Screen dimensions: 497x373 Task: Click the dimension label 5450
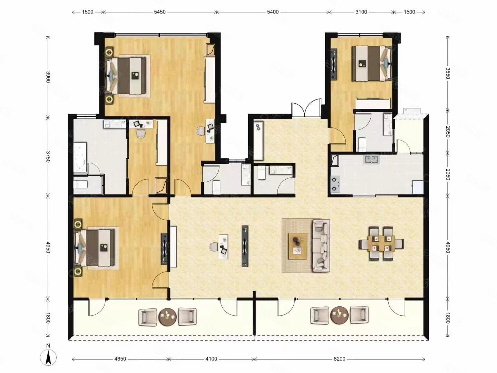click(x=160, y=12)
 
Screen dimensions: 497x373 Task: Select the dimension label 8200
click(x=339, y=359)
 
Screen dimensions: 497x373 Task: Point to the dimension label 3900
click(x=48, y=77)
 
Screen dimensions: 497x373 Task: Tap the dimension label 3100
click(x=361, y=12)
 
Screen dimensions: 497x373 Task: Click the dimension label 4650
click(x=120, y=359)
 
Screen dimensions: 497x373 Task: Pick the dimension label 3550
click(x=447, y=73)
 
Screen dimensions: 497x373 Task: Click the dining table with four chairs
click(x=381, y=244)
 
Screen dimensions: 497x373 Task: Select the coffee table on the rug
click(x=298, y=246)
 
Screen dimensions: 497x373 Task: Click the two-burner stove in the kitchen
click(x=335, y=184)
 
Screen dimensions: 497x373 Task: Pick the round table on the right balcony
click(x=339, y=315)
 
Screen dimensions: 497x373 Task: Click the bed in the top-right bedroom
click(x=371, y=64)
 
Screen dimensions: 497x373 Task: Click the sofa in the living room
click(x=321, y=246)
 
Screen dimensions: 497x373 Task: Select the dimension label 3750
click(x=48, y=157)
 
